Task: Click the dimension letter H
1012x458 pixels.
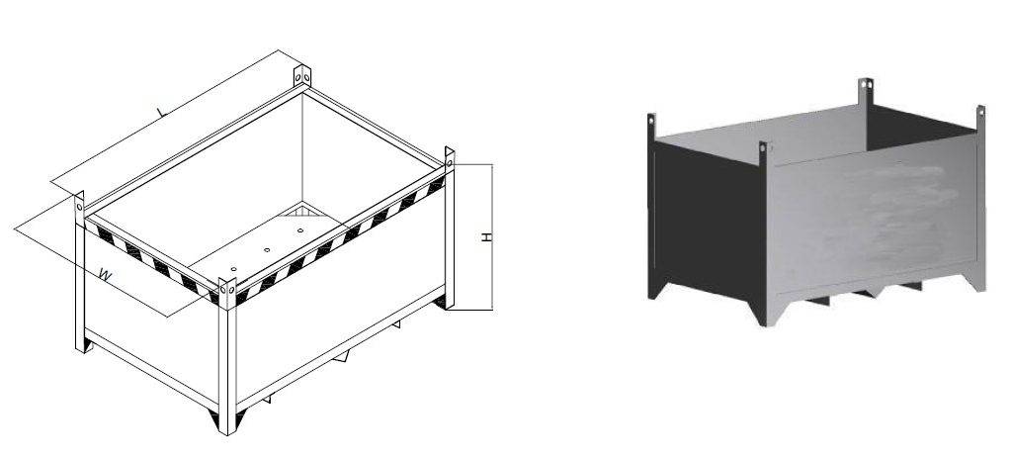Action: [x=486, y=238]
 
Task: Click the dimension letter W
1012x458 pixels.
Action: [x=104, y=275]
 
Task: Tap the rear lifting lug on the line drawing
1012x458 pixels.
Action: [x=301, y=76]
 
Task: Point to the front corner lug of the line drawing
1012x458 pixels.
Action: [x=227, y=292]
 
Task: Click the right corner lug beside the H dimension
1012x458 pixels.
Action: [x=450, y=158]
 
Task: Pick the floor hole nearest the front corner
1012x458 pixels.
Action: [x=233, y=268]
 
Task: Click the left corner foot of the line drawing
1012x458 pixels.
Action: [x=85, y=347]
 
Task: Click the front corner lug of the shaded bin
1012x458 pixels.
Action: [x=763, y=150]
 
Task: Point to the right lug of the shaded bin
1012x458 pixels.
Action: [x=980, y=113]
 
